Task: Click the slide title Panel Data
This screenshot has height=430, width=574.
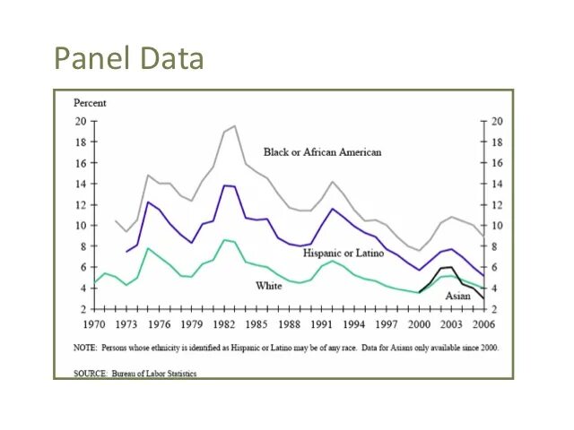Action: click(129, 58)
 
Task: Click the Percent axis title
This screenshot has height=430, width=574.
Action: click(89, 104)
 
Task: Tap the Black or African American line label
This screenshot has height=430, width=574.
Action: click(322, 152)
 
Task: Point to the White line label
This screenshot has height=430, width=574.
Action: click(269, 286)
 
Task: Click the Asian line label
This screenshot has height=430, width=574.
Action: click(457, 296)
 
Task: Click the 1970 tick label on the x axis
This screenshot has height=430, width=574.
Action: click(94, 323)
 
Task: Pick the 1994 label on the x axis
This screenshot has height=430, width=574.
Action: click(353, 323)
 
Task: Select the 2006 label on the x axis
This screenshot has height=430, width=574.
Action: click(483, 323)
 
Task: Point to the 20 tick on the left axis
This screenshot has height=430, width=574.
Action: click(80, 122)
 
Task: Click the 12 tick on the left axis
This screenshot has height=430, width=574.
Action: click(80, 205)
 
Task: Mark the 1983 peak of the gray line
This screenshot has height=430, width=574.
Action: click(234, 126)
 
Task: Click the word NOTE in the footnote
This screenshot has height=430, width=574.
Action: click(85, 348)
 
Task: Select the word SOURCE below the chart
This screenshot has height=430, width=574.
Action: click(90, 374)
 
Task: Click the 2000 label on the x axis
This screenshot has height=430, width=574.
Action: click(418, 323)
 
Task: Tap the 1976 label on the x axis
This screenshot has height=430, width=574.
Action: click(159, 323)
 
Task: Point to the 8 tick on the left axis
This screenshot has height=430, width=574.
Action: click(83, 246)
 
